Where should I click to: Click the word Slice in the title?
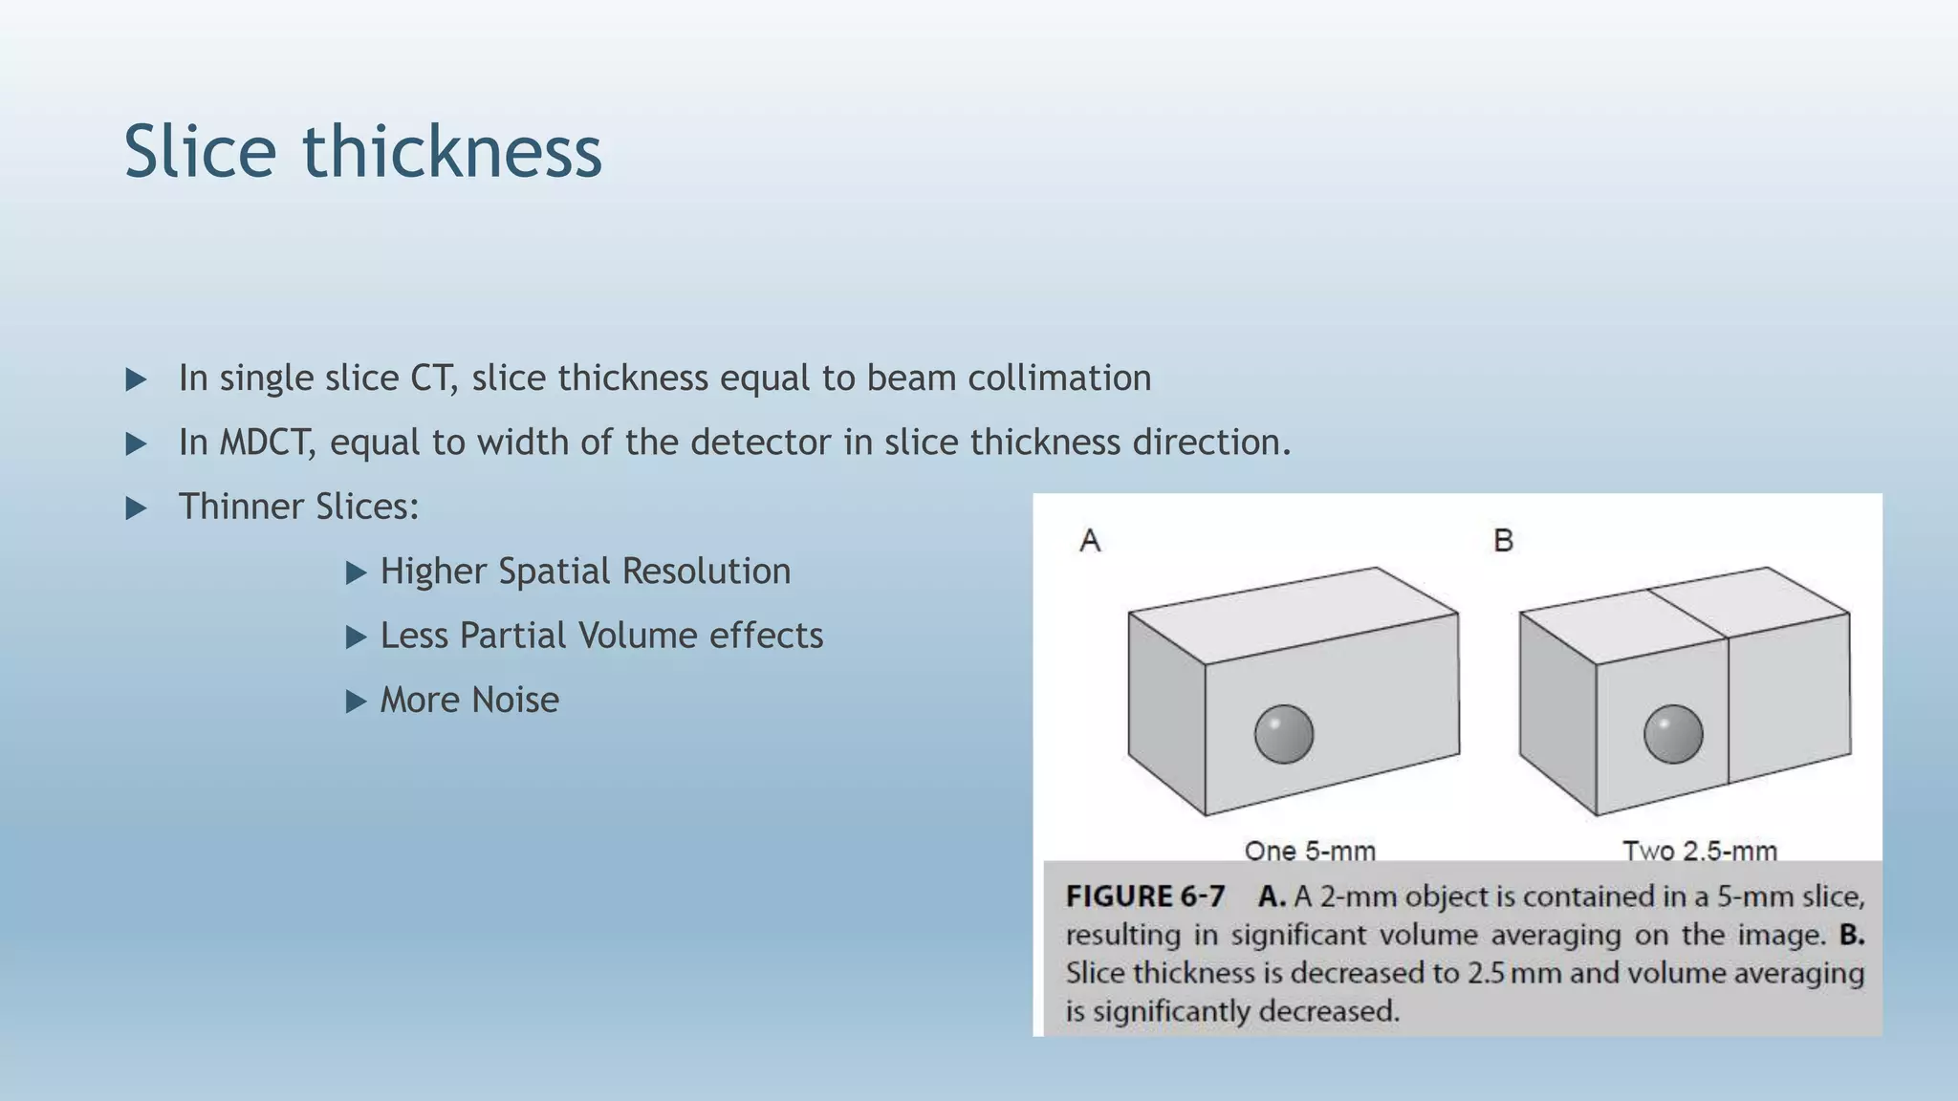[x=200, y=152]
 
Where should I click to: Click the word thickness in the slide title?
[x=452, y=152]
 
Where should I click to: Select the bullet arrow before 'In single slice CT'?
[x=137, y=380]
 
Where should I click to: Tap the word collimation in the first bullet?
[x=1059, y=378]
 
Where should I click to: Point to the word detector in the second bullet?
[x=761, y=443]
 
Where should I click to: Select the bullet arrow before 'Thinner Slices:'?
[x=137, y=508]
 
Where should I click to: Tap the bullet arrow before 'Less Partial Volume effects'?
[x=356, y=637]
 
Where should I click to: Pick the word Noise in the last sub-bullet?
[x=515, y=701]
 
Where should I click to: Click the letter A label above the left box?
[x=1090, y=541]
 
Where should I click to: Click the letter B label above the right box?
[x=1503, y=541]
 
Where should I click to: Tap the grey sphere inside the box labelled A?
[x=1283, y=734]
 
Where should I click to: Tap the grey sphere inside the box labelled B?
[x=1673, y=734]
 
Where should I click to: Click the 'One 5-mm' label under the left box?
[x=1310, y=850]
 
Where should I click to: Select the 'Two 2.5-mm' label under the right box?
[x=1699, y=850]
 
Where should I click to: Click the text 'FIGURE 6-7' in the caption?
[x=1144, y=896]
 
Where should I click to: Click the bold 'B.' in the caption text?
[x=1852, y=935]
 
